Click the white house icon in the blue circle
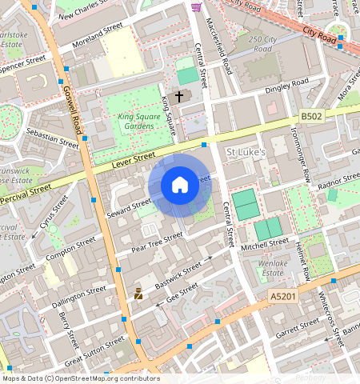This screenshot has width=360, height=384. (180, 186)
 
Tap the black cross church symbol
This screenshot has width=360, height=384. (179, 96)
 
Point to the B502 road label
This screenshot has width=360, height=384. (313, 117)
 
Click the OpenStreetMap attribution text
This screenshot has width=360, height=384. (80, 378)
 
